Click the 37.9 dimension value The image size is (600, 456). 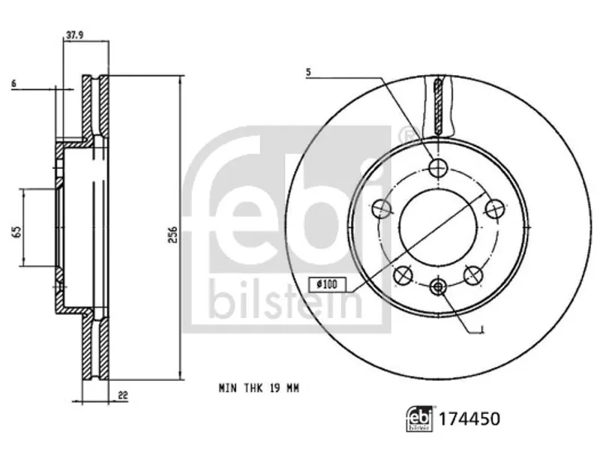[x=74, y=35]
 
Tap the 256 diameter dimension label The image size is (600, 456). [x=173, y=235]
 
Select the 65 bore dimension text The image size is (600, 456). [x=16, y=232]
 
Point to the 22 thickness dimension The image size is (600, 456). [x=123, y=395]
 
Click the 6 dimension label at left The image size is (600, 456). [x=13, y=84]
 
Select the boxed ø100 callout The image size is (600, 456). [x=327, y=284]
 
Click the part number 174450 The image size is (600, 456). [x=469, y=419]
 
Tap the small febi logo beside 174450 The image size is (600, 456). [x=420, y=419]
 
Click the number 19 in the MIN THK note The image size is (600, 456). [x=274, y=388]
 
